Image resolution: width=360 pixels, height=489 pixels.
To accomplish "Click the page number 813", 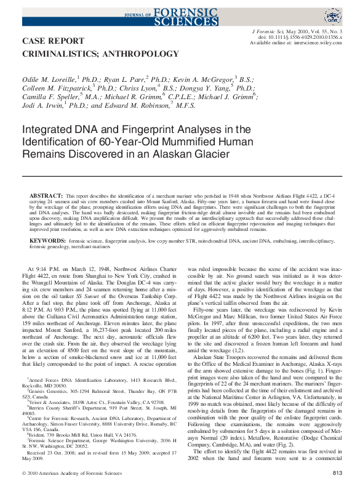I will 337,473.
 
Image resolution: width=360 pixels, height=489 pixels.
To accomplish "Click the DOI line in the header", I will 301,37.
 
